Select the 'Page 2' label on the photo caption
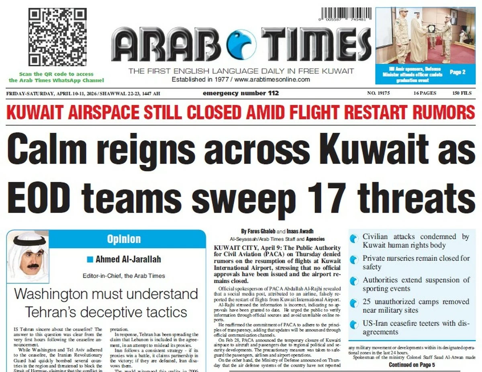457,72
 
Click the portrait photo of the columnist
28,255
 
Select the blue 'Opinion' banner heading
124,240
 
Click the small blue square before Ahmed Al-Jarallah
90,259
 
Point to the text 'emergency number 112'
241,94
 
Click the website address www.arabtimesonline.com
272,80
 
